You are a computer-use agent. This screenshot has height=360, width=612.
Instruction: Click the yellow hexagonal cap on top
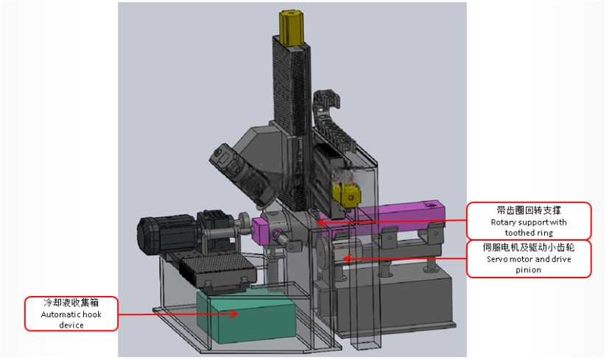pyautogui.click(x=292, y=27)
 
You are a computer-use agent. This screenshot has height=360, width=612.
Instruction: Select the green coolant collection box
pyautogui.click(x=247, y=316)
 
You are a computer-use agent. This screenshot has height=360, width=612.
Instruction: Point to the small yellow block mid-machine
pyautogui.click(x=346, y=194)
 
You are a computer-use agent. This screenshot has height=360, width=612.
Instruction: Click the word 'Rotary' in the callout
pyautogui.click(x=504, y=222)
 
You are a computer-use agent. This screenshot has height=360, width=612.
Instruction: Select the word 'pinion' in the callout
pyautogui.click(x=529, y=270)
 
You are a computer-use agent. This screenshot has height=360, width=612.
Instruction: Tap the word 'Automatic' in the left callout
pyautogui.click(x=60, y=314)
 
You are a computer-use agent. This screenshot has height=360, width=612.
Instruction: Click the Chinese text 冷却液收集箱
pyautogui.click(x=71, y=303)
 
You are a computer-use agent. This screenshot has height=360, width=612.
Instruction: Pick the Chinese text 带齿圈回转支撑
pyautogui.click(x=529, y=211)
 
